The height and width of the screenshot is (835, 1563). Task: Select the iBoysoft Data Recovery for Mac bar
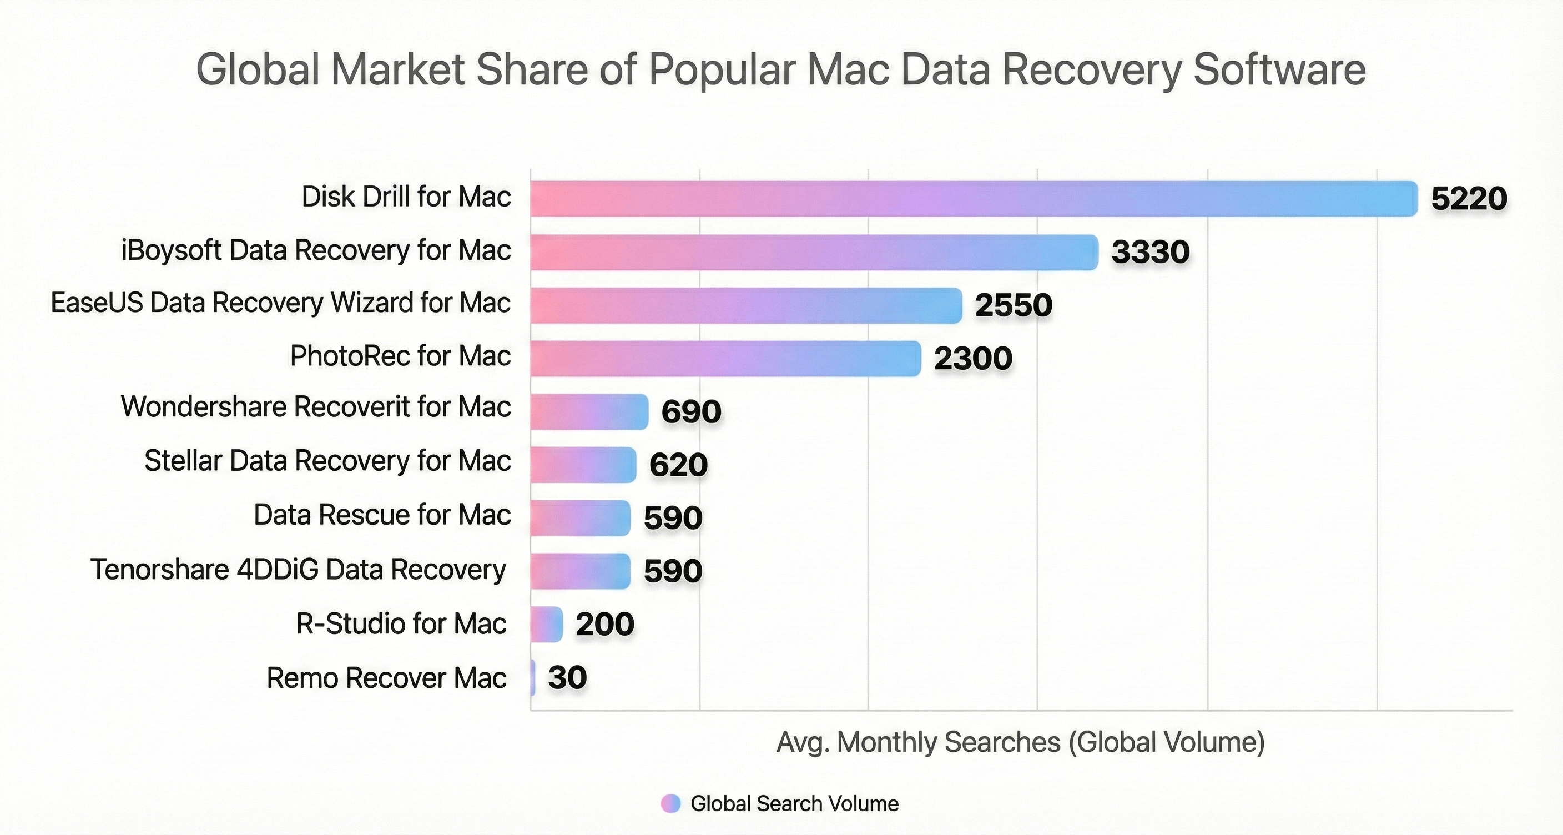tap(814, 252)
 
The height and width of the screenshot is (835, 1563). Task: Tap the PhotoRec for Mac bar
tap(725, 358)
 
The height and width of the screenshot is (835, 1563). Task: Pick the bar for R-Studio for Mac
tap(547, 624)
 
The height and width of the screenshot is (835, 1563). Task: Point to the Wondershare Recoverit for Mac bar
tap(589, 411)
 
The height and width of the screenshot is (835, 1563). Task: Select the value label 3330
tap(1151, 252)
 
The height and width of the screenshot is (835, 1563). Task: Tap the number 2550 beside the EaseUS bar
tap(1014, 305)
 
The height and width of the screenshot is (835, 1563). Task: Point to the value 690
tap(691, 411)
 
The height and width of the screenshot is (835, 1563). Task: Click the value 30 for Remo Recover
tap(567, 677)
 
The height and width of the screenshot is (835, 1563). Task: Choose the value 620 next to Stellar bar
tap(678, 465)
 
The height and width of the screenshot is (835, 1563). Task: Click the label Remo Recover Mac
tap(386, 678)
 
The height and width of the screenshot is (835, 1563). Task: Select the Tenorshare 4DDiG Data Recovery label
tap(298, 570)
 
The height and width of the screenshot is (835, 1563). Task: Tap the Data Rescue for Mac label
tap(382, 515)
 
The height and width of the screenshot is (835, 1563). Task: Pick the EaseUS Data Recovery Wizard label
tap(280, 303)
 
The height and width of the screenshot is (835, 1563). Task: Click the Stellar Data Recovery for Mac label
tap(327, 461)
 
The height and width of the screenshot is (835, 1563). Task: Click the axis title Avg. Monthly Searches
tap(1021, 742)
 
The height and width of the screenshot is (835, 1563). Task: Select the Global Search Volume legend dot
tap(670, 803)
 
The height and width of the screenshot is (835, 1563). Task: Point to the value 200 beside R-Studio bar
tap(605, 624)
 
